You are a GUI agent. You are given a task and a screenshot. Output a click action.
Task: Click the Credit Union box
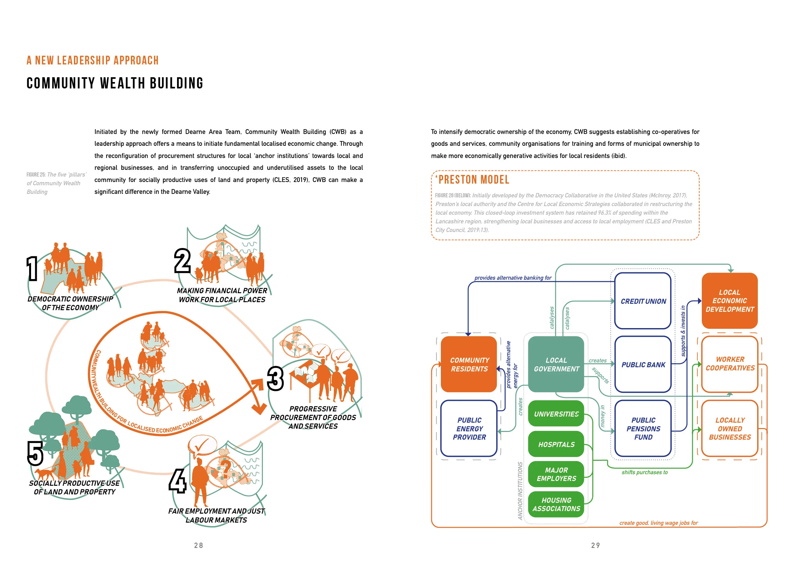[643, 301]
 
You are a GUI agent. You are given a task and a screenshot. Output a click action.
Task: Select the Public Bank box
[643, 364]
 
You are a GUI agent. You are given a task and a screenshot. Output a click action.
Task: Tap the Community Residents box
[469, 364]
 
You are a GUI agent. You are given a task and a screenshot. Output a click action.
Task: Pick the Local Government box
[556, 364]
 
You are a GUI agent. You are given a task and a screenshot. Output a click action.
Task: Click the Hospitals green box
[556, 444]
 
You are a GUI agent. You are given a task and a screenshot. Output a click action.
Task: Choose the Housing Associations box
[556, 504]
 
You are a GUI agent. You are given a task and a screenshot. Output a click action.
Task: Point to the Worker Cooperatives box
[730, 364]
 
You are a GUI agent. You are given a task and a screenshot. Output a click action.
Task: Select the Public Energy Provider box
[469, 428]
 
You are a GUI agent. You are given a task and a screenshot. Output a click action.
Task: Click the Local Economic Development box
[730, 300]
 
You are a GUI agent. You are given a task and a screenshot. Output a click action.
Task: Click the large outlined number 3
[275, 379]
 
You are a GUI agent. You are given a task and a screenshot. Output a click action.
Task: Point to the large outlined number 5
[35, 453]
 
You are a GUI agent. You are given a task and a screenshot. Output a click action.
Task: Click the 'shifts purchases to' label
[644, 472]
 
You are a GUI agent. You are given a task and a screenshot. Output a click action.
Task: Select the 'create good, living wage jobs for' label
[659, 523]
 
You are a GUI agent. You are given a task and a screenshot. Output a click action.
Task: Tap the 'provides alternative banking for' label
[513, 278]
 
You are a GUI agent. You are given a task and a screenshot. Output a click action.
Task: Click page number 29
[595, 545]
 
